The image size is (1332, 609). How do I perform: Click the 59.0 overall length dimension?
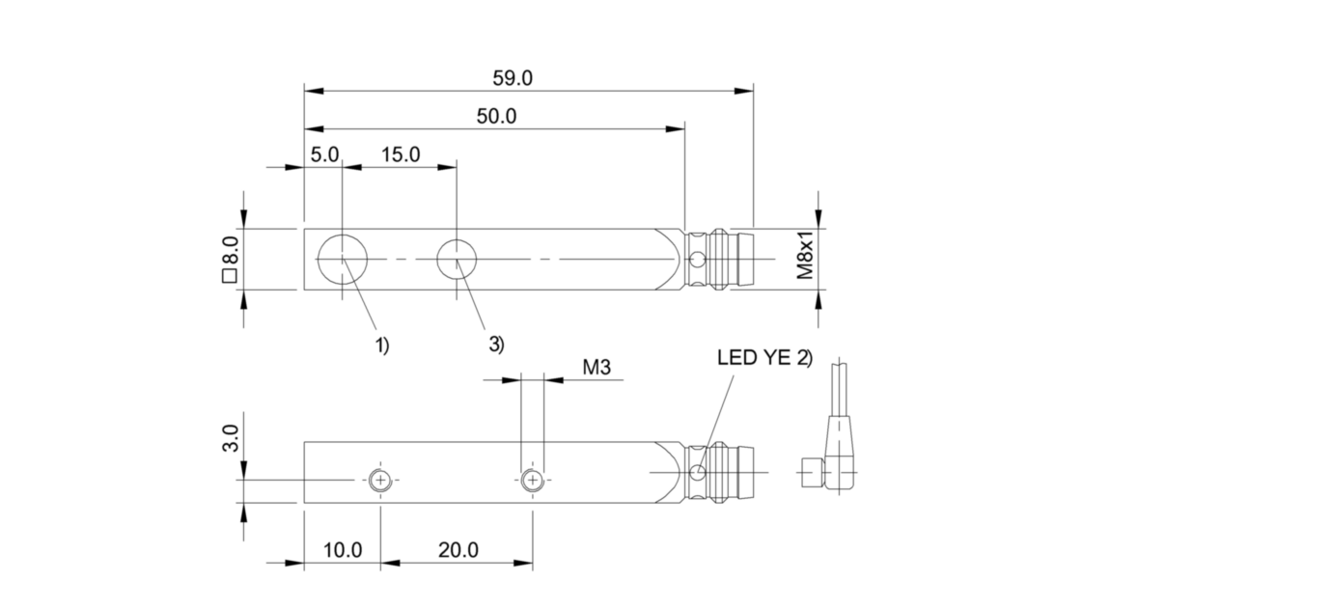(513, 79)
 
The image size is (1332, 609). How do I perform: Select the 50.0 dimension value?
(497, 117)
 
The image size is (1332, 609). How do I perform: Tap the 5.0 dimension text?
(324, 154)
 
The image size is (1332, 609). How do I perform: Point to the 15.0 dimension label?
(401, 154)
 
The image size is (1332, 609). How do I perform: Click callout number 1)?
(382, 345)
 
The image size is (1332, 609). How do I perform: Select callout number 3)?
(496, 345)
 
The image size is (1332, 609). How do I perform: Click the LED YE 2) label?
(764, 357)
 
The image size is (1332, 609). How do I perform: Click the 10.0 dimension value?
(343, 550)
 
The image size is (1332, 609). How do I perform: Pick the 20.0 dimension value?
(458, 550)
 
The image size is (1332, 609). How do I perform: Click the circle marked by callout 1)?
(343, 259)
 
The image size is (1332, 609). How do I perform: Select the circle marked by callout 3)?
(458, 259)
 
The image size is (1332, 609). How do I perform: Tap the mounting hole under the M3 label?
(532, 480)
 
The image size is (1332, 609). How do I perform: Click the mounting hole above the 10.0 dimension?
(381, 480)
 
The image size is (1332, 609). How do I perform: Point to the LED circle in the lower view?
(700, 472)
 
